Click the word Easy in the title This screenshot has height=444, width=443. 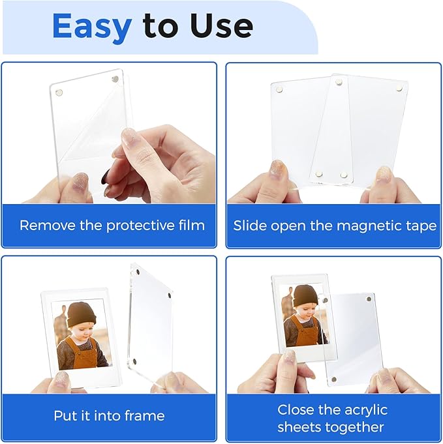[93, 26]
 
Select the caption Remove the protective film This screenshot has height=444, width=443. [112, 226]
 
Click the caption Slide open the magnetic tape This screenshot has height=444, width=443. [335, 226]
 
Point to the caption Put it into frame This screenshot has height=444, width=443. [109, 415]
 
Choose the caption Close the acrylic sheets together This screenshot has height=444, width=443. [332, 419]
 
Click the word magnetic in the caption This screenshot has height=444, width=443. [374, 226]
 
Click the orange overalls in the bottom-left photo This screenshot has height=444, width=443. [83, 352]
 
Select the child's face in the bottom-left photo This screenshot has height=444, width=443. [80, 330]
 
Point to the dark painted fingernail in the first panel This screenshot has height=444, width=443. [106, 176]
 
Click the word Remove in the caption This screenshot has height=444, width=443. [42, 226]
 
